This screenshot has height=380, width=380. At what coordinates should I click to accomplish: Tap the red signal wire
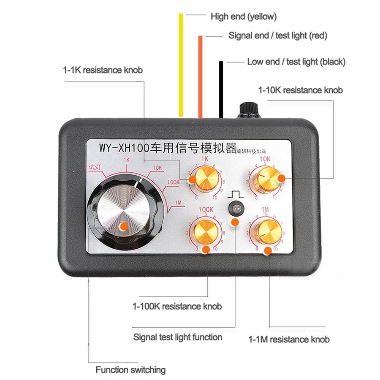click(200, 76)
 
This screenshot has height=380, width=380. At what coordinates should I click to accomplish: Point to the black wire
click(220, 89)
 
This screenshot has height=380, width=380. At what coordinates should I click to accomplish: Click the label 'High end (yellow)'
click(244, 17)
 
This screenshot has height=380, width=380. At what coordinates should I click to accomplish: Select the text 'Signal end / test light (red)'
click(278, 35)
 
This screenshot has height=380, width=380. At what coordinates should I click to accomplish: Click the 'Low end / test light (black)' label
click(296, 62)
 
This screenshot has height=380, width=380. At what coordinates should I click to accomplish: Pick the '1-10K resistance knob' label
click(300, 90)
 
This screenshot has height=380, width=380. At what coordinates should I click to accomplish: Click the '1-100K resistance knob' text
click(177, 306)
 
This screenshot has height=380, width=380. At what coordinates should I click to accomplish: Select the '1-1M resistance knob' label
click(289, 339)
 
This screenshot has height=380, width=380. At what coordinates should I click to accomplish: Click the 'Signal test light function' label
click(178, 337)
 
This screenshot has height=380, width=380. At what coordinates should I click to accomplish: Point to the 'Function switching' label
click(130, 370)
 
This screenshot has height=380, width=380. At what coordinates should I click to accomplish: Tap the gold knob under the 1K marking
click(205, 178)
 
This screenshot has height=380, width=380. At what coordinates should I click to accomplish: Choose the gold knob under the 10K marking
click(265, 178)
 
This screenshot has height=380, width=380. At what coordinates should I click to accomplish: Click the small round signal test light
click(236, 208)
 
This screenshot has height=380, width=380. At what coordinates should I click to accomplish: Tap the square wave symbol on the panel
click(236, 194)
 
